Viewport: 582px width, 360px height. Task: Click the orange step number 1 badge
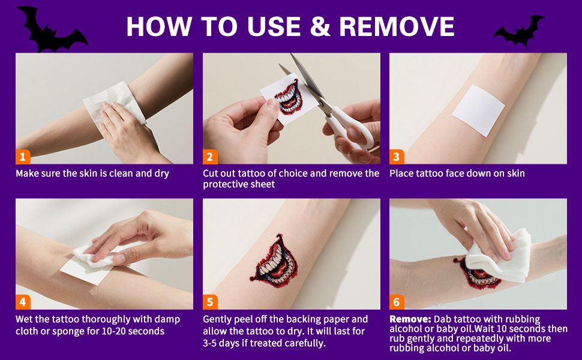click(x=23, y=157)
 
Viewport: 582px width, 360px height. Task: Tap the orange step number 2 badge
click(x=210, y=157)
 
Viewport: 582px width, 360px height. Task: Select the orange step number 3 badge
click(x=397, y=157)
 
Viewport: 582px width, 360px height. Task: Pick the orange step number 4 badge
click(x=23, y=302)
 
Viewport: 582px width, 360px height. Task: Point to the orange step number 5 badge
click(x=210, y=302)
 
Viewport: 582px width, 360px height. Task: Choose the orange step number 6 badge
click(x=397, y=302)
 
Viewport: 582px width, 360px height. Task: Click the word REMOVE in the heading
click(x=397, y=26)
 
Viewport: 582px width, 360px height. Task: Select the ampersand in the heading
click(x=320, y=26)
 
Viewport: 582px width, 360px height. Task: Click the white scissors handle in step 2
click(x=351, y=128)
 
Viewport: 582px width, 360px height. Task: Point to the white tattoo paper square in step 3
click(x=478, y=110)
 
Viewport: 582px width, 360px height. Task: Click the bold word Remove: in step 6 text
click(x=410, y=319)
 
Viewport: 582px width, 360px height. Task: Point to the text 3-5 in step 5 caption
click(x=209, y=343)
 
